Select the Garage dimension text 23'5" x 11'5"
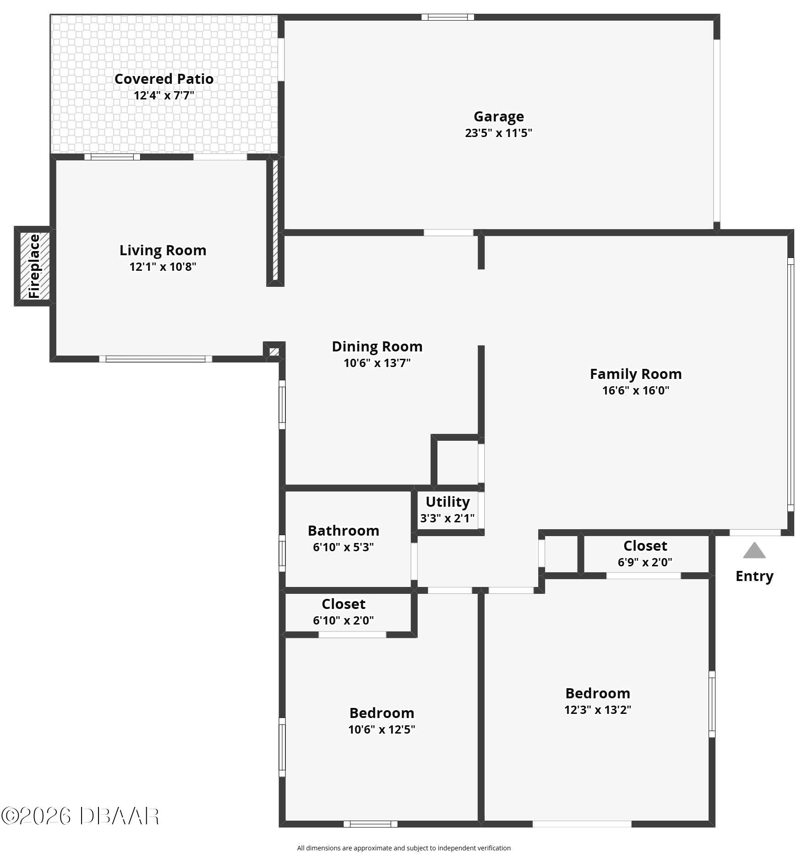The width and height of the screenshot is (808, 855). coord(498,133)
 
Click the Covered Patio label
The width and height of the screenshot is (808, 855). coord(164,79)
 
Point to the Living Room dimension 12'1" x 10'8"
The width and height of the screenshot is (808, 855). coord(163,267)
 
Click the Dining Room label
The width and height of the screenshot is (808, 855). coord(377,346)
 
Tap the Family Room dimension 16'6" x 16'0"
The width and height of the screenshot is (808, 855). coord(635,390)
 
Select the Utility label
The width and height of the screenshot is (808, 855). coord(448,502)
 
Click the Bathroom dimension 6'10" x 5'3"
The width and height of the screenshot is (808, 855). coord(343,547)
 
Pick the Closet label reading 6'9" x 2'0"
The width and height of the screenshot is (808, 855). coord(645,546)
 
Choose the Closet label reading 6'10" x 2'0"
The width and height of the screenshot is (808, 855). coord(343,604)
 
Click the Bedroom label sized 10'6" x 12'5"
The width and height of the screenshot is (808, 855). coord(382,713)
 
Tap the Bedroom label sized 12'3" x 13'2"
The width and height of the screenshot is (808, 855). coord(597,693)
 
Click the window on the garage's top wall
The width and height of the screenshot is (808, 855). coord(448,17)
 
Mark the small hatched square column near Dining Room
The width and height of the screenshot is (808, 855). coord(274,351)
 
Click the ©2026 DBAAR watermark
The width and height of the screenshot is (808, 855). coord(80,816)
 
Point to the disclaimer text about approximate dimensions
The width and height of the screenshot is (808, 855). coord(404,848)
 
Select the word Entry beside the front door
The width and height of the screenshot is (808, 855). coord(754,576)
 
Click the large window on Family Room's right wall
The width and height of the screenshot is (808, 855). coord(790,384)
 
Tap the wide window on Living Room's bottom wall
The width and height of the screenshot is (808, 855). coord(155,359)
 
